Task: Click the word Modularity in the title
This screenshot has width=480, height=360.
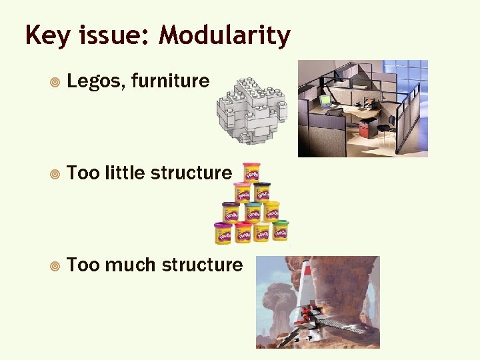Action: click(x=225, y=35)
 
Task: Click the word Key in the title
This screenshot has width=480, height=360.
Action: click(x=45, y=35)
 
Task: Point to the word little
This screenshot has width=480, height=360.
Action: click(x=123, y=173)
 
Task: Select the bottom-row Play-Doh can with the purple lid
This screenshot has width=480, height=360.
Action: click(x=222, y=233)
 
